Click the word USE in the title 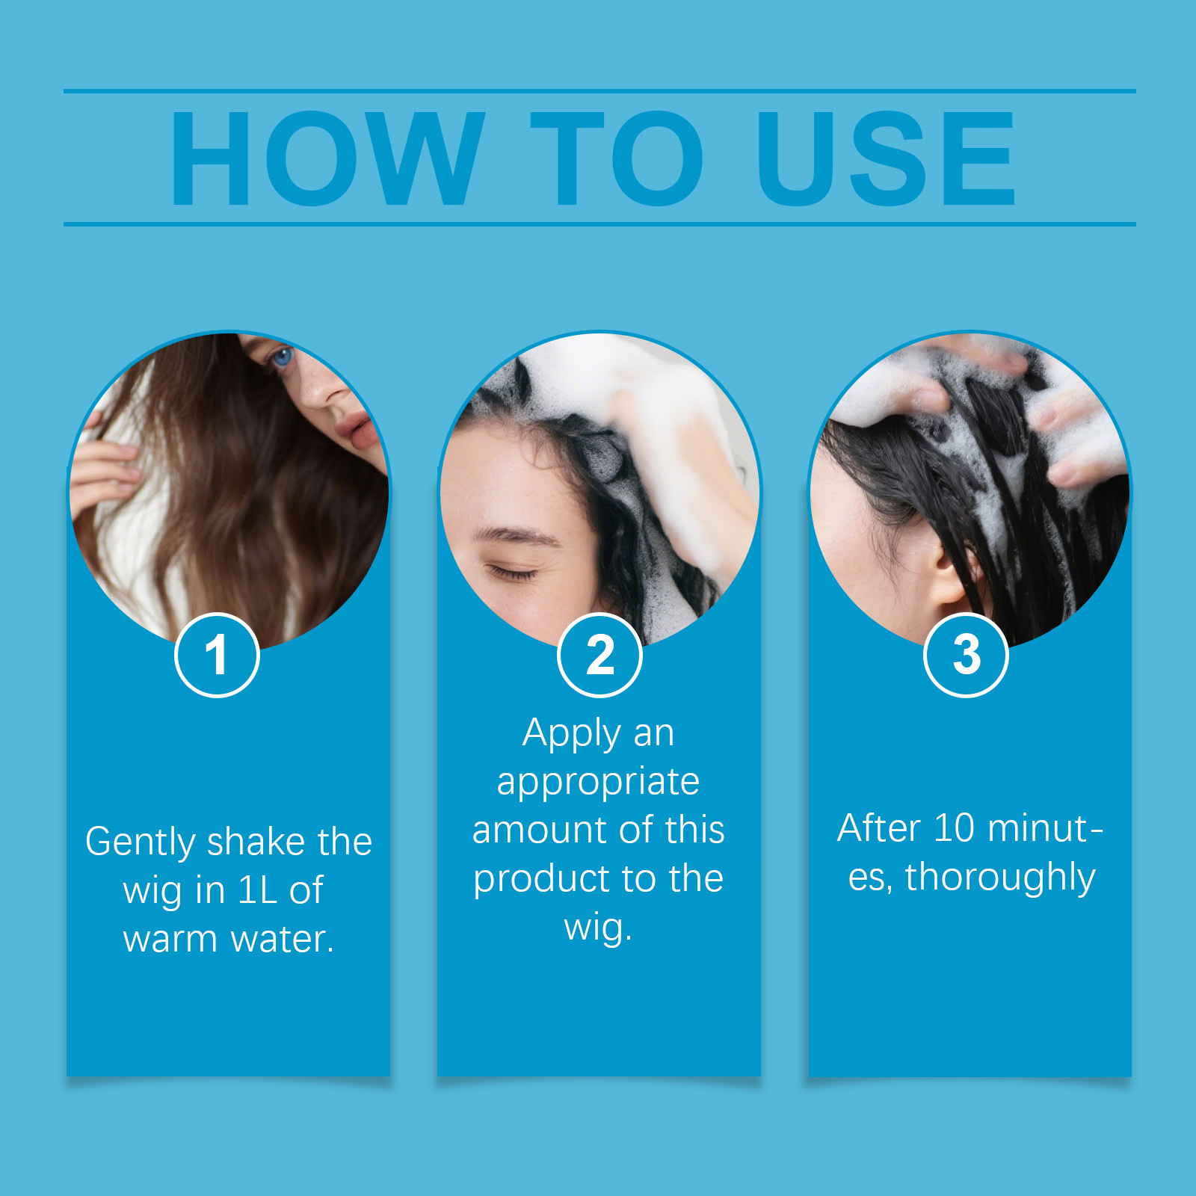(887, 158)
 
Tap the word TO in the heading (617, 158)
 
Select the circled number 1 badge (217, 655)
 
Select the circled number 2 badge (599, 655)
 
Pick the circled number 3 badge (967, 655)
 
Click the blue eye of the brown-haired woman (282, 357)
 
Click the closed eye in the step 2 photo (512, 573)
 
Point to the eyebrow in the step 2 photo (516, 534)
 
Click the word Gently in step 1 (141, 843)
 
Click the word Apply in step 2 (572, 734)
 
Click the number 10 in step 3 (955, 828)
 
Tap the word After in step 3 (878, 828)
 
